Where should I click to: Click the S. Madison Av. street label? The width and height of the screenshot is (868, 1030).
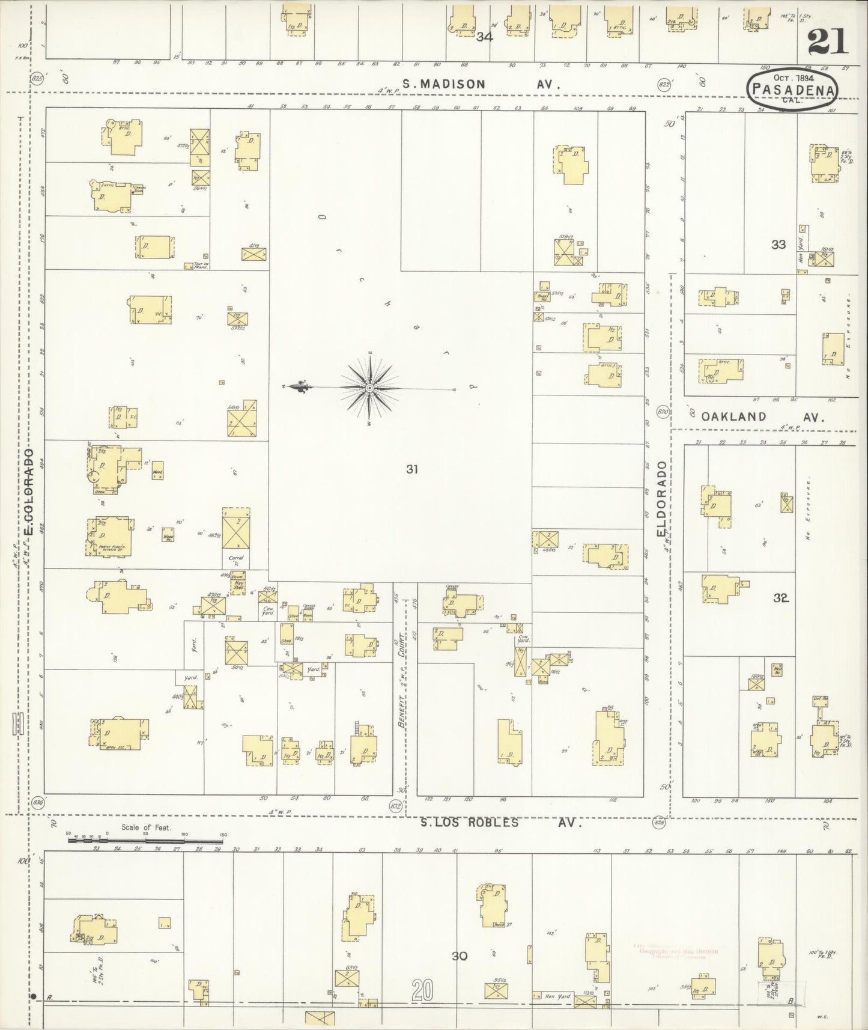[x=481, y=85]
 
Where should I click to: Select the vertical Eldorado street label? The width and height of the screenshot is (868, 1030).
[x=662, y=499]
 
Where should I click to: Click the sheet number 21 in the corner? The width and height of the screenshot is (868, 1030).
[x=828, y=42]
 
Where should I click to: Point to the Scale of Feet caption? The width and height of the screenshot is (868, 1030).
[x=146, y=827]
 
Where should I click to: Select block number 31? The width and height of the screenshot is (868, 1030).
[x=411, y=469]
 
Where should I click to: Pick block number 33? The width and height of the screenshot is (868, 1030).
[x=778, y=245]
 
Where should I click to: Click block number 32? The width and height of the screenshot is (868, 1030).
[x=781, y=598]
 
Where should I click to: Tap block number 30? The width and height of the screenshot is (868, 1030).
[x=460, y=955]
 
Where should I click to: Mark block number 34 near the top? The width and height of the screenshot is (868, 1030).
[x=484, y=37]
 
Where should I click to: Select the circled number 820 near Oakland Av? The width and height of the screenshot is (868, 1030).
[x=663, y=412]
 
